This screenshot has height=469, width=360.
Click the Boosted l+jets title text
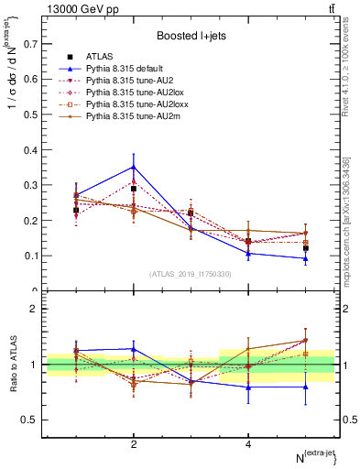coord(192,36)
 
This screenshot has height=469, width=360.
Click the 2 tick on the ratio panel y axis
coord(34,310)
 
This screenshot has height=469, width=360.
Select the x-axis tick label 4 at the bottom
coord(248,444)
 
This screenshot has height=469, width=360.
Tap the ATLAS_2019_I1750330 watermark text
coord(191,273)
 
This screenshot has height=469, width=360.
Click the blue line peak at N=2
coord(134,167)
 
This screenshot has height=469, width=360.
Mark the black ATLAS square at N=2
coord(134,189)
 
